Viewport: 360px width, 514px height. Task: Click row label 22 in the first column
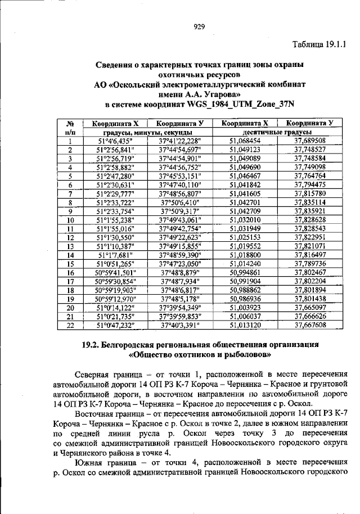click(x=71, y=324)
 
